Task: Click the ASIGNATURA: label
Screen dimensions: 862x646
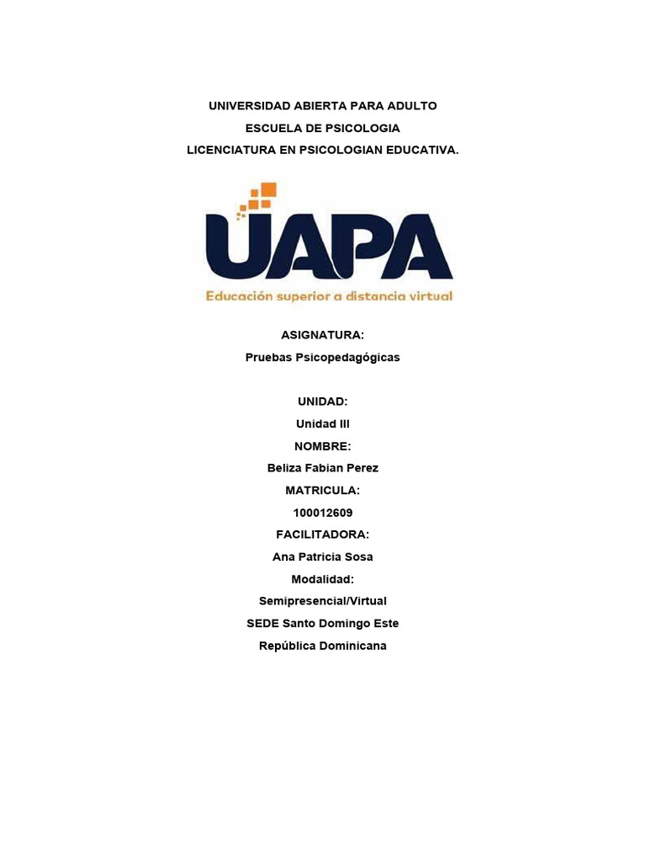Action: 322,335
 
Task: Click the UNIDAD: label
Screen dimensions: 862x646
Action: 322,402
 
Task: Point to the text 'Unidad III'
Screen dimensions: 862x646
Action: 322,423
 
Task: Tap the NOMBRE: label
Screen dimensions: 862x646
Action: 322,445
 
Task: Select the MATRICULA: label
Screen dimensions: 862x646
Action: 322,490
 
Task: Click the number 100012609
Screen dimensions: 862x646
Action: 322,512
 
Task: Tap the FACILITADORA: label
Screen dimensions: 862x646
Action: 322,535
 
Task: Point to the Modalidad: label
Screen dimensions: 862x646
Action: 322,578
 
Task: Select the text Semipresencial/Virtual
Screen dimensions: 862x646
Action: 322,601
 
